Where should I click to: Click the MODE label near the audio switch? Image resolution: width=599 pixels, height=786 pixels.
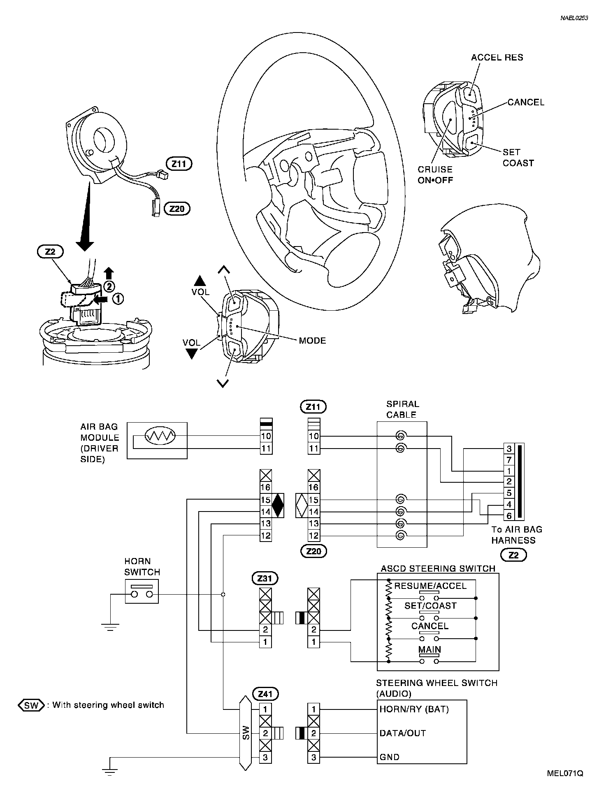coord(312,341)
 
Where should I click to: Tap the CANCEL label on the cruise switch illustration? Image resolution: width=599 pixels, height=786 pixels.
coord(526,102)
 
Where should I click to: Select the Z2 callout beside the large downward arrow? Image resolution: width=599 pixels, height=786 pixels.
coord(50,251)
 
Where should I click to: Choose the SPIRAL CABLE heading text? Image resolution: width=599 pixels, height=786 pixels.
coord(402,409)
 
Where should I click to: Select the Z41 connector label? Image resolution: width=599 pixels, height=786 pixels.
coord(266,694)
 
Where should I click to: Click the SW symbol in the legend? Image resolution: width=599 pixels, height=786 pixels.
coord(31,705)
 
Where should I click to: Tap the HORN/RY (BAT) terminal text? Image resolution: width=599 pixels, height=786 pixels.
coord(414,709)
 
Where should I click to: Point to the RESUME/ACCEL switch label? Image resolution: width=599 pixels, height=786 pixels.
coord(430,586)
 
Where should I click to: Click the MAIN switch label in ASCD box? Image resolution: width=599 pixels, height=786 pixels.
coord(430,649)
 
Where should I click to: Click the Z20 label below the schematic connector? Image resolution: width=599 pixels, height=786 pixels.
coord(313,551)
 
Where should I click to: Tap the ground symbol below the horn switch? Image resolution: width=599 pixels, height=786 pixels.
coord(110,627)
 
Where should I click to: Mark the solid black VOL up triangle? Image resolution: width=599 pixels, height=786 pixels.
coord(200,281)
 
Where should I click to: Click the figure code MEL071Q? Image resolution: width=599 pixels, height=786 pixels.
coord(565,773)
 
